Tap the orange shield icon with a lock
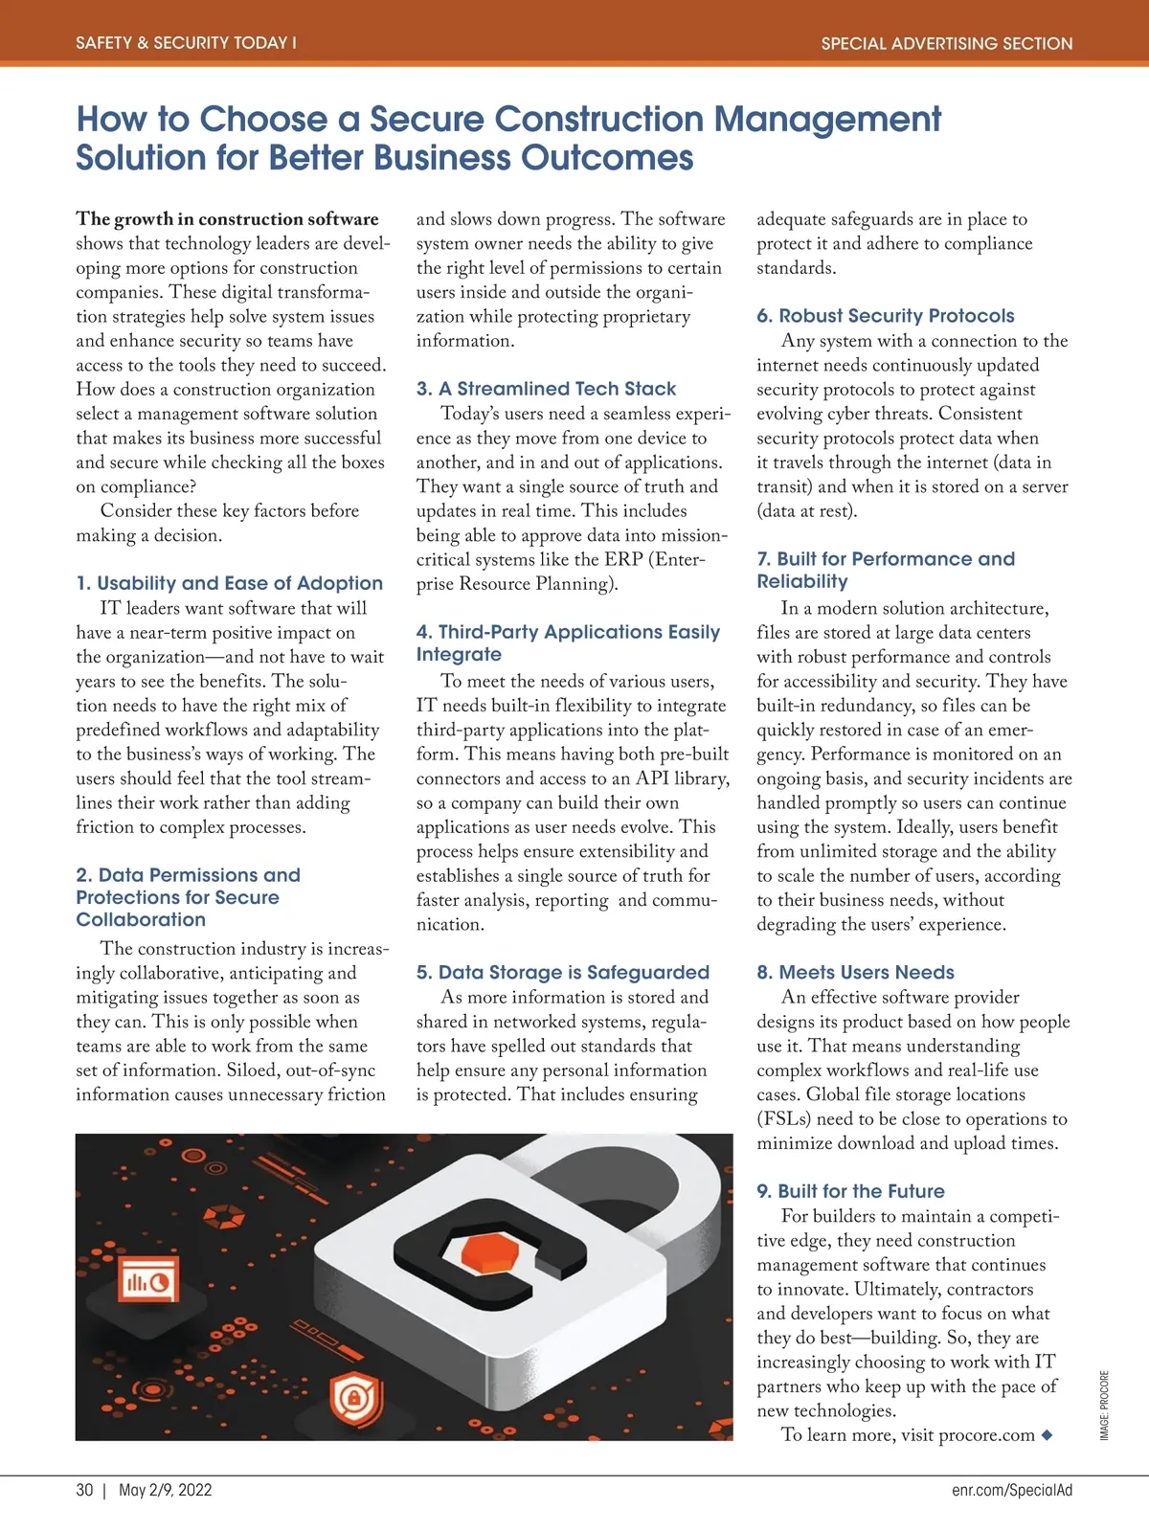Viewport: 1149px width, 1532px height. click(x=356, y=1400)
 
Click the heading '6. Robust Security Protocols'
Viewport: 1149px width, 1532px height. click(x=885, y=316)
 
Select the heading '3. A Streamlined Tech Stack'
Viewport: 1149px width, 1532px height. click(x=546, y=389)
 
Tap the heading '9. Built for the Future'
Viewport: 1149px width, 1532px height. click(x=850, y=1191)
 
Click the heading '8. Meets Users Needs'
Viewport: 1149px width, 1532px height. click(x=855, y=973)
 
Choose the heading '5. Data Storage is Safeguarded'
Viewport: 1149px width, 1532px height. click(x=562, y=973)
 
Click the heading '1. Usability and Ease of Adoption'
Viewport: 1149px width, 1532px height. click(x=229, y=583)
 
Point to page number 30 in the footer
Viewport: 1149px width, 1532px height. click(x=85, y=1490)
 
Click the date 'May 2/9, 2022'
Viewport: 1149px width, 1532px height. click(x=165, y=1490)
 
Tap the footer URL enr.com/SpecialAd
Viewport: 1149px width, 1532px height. click(x=1012, y=1490)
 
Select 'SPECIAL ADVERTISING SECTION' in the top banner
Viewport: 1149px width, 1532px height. click(x=946, y=43)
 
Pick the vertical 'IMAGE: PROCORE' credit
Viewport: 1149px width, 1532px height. click(x=1104, y=1405)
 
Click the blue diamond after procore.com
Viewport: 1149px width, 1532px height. click(x=1047, y=1435)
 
